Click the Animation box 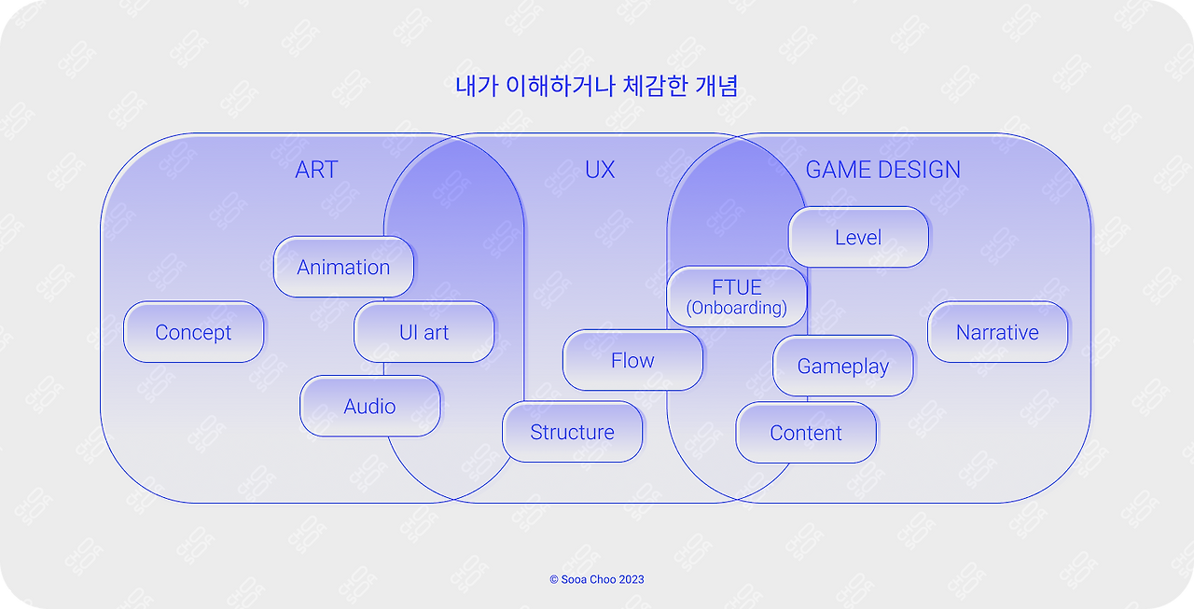(343, 267)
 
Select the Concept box (194, 332)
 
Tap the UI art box (424, 332)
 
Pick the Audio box (369, 406)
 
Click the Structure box (572, 432)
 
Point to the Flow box (632, 360)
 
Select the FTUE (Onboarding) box (737, 297)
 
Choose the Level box (858, 237)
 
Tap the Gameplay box (843, 366)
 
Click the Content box (806, 433)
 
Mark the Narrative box (997, 332)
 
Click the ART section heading (316, 170)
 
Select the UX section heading (600, 170)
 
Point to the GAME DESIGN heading (882, 170)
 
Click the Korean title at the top (597, 87)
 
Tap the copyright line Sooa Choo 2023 (597, 579)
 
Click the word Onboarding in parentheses (737, 308)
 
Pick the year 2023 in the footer (632, 579)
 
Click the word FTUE (737, 287)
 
